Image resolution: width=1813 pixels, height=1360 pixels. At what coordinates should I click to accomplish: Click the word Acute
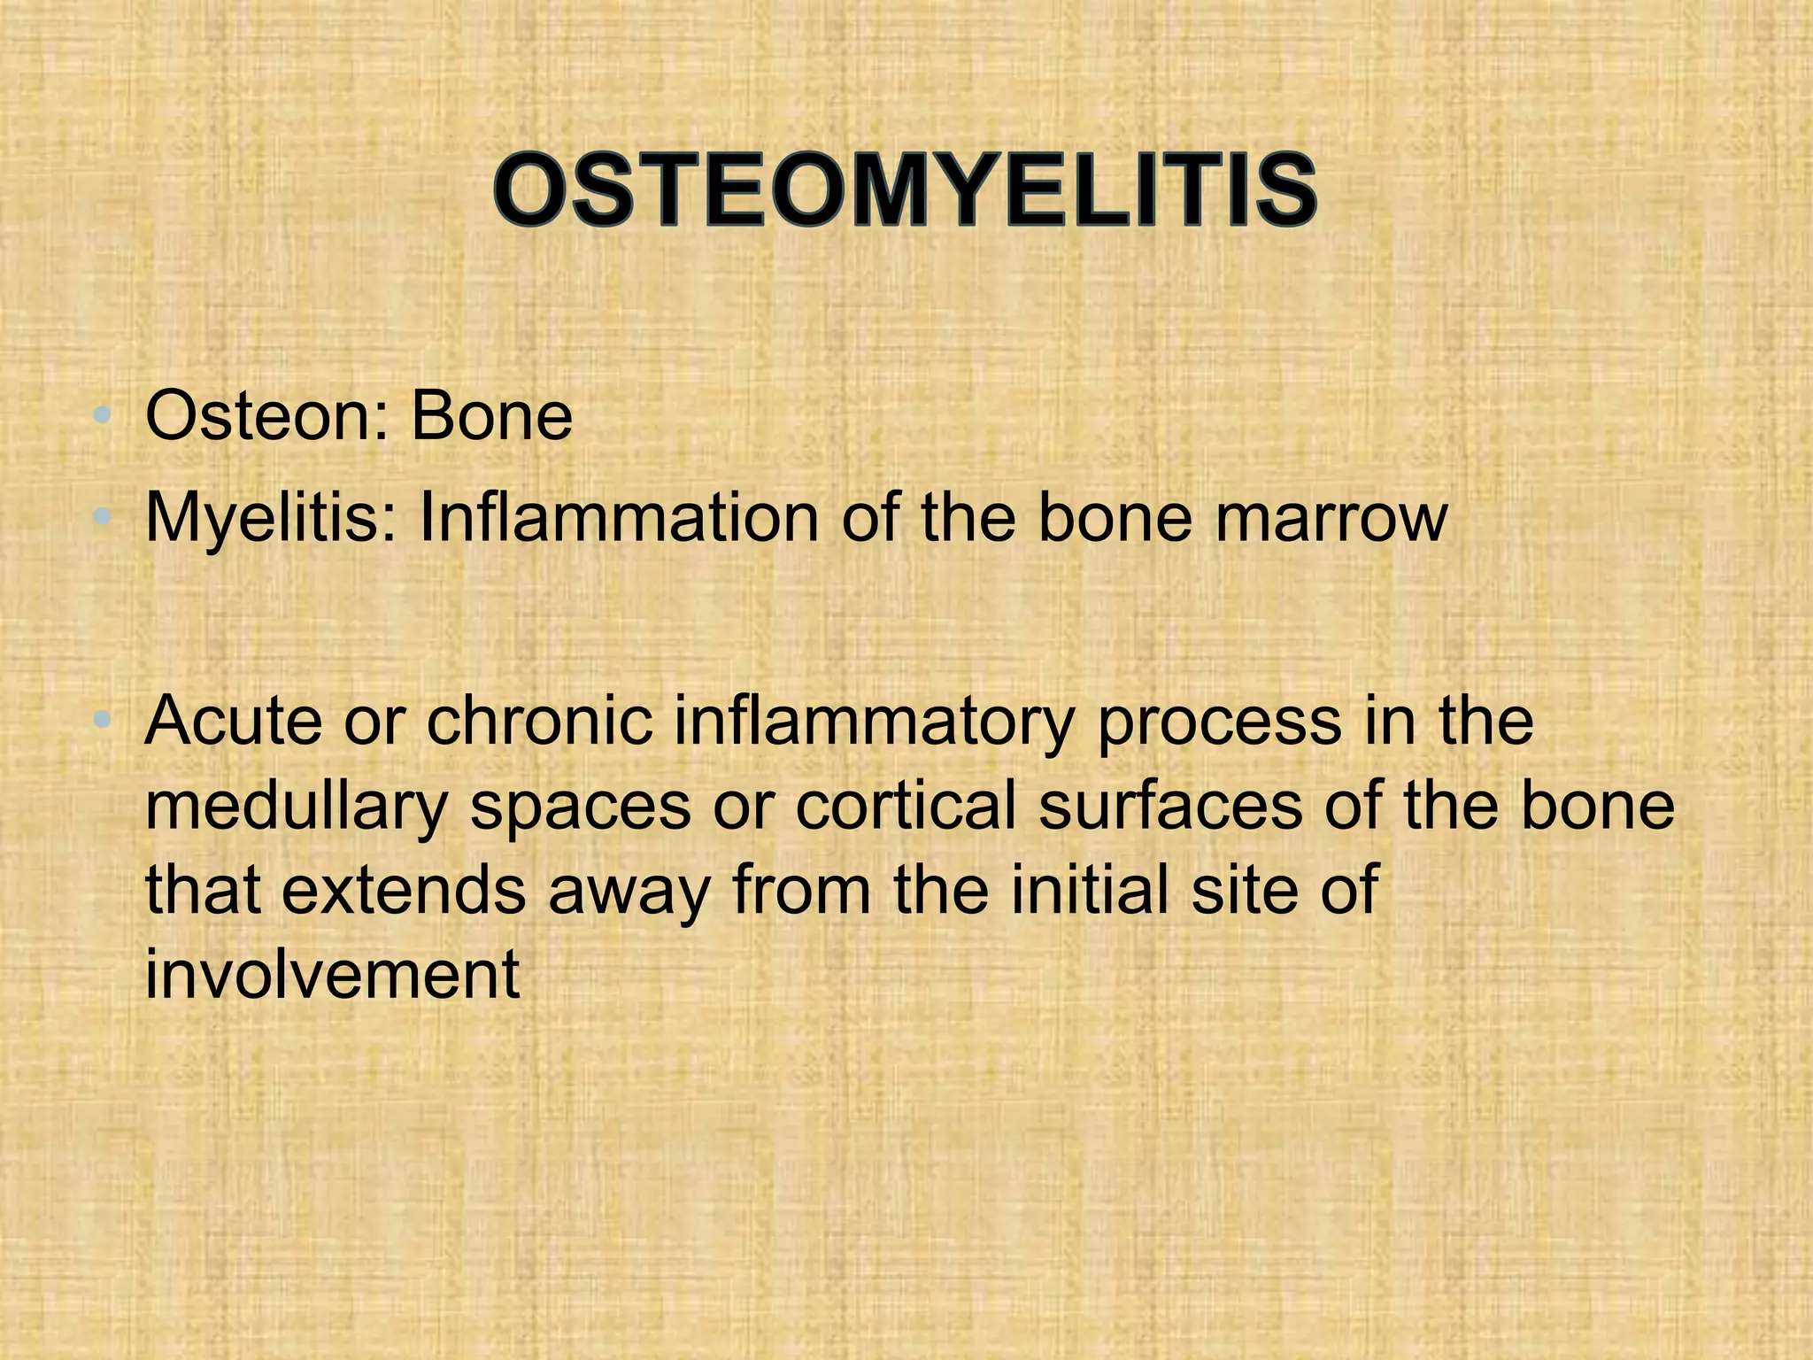point(234,721)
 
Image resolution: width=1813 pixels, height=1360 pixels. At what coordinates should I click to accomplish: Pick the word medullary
point(296,807)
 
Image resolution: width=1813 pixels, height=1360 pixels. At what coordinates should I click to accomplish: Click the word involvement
point(332,974)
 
